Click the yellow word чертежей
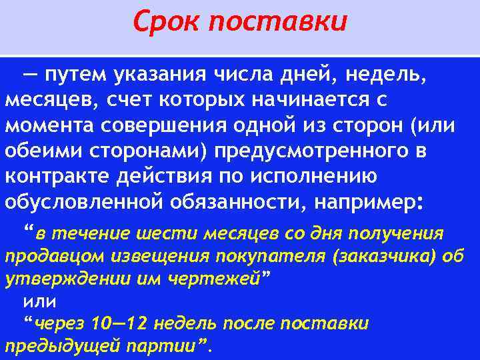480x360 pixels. (219, 279)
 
